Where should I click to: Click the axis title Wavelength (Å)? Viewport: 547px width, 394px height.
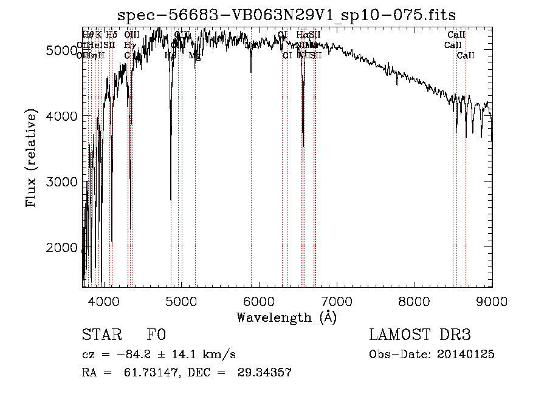click(x=286, y=316)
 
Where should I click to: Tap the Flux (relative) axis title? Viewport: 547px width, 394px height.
click(x=31, y=158)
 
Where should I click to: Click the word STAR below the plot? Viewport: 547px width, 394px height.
click(x=100, y=335)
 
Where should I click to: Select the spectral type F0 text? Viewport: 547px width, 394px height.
click(x=156, y=335)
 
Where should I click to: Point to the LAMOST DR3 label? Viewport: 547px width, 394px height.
click(x=420, y=335)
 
